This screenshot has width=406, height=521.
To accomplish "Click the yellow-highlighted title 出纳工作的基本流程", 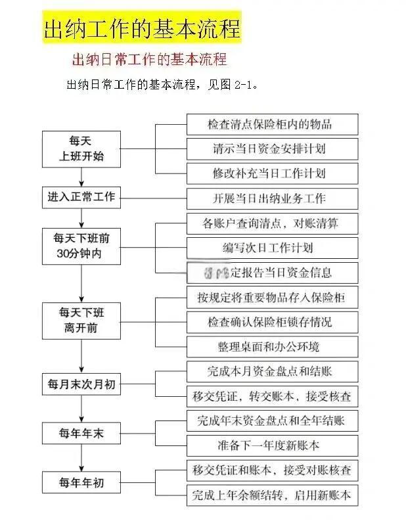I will [x=142, y=29].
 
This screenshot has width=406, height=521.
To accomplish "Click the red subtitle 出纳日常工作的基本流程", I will [x=149, y=59].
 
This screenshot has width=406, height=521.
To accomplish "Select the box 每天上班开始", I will [x=81, y=148].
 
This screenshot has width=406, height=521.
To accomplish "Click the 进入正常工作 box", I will [x=81, y=198].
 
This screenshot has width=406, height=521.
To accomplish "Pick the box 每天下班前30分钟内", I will [x=81, y=246].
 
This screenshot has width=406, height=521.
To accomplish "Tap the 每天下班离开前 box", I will [x=81, y=320].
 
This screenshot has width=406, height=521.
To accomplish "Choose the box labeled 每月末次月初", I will [x=81, y=384].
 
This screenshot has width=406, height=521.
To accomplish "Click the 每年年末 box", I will [x=81, y=433].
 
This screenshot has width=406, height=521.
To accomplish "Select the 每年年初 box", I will [x=81, y=483].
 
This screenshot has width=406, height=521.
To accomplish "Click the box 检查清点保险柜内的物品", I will [x=272, y=125].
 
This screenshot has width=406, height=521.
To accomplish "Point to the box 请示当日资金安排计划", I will [x=272, y=149].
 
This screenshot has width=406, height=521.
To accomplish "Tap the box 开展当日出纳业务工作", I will [x=272, y=198].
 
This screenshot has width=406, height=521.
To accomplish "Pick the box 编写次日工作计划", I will [x=272, y=248].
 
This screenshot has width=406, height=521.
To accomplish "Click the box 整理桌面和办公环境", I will [x=272, y=346].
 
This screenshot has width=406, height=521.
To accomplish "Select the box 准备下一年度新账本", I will [x=272, y=445].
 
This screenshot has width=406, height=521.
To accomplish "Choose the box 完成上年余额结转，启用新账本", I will [x=272, y=494].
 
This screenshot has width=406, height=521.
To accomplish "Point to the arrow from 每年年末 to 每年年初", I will [x=81, y=458].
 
